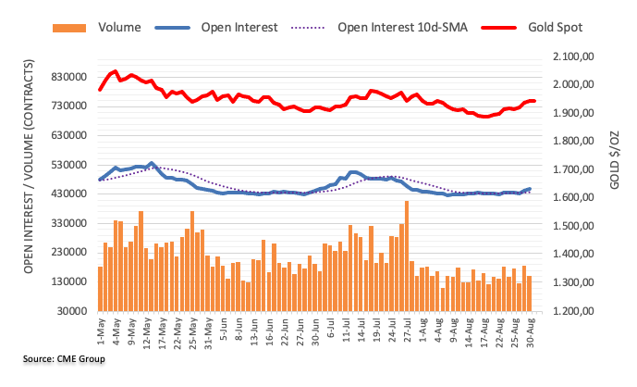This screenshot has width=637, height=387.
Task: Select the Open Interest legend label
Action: click(x=239, y=27)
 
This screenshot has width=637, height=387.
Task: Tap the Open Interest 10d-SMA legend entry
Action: click(x=402, y=27)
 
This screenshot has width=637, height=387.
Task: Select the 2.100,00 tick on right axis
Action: click(x=578, y=56)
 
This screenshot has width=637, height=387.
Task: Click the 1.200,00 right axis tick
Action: click(x=578, y=311)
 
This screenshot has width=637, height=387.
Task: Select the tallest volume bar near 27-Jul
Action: click(x=407, y=256)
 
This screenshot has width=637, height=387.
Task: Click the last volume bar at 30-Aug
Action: click(x=530, y=293)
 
